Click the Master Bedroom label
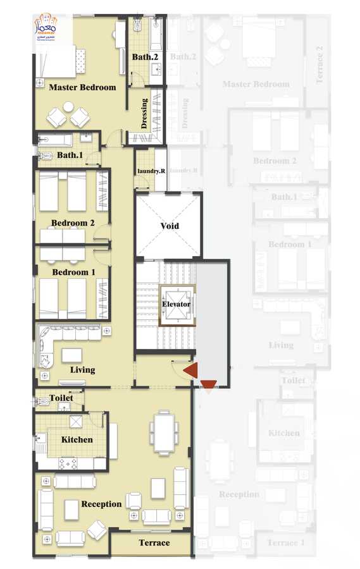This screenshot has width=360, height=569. coord(82,87)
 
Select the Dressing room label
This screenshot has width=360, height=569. coord(144,113)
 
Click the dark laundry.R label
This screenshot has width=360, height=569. coord(151,171)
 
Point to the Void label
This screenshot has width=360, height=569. coord(169,226)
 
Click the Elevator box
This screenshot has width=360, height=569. coord(177,305)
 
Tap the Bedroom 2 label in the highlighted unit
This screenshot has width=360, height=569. coord(73,223)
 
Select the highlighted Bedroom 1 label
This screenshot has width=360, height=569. coord(73,272)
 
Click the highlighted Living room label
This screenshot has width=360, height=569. coord(82,370)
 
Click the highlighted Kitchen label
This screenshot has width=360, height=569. coord(77,439)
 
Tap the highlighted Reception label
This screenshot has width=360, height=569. coord(101,504)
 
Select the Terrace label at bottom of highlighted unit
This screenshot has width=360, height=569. coord(154,542)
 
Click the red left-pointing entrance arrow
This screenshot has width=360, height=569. coord(190,370)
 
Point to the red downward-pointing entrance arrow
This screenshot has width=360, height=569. coord(208,383)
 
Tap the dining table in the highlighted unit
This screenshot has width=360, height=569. coord(162,432)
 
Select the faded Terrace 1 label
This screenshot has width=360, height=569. coord(286,543)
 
